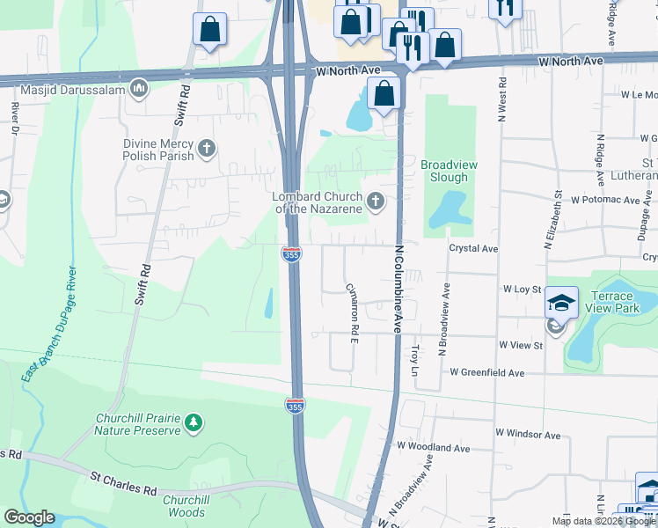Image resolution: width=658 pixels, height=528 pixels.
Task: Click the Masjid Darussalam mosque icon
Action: coord(139,88)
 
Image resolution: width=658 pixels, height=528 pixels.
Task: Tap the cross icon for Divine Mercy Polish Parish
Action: coord(207,148)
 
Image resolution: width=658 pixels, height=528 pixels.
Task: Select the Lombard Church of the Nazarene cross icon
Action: coord(376,202)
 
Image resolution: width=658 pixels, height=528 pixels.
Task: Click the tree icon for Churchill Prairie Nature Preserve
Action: coord(193,423)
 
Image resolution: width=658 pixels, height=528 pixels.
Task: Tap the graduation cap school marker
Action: coord(561,304)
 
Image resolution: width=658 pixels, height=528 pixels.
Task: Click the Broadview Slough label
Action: coord(444,171)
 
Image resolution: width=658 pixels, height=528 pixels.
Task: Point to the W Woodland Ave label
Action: coord(438,448)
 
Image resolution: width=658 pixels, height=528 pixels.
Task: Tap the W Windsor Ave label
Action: coord(528,435)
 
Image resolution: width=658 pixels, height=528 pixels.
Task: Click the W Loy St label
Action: coord(521,289)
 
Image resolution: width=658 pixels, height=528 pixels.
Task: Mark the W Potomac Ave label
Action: coord(605,201)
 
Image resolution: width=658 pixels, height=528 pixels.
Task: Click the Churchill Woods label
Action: coord(184,506)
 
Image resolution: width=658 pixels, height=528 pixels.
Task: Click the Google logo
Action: coord(29,517)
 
